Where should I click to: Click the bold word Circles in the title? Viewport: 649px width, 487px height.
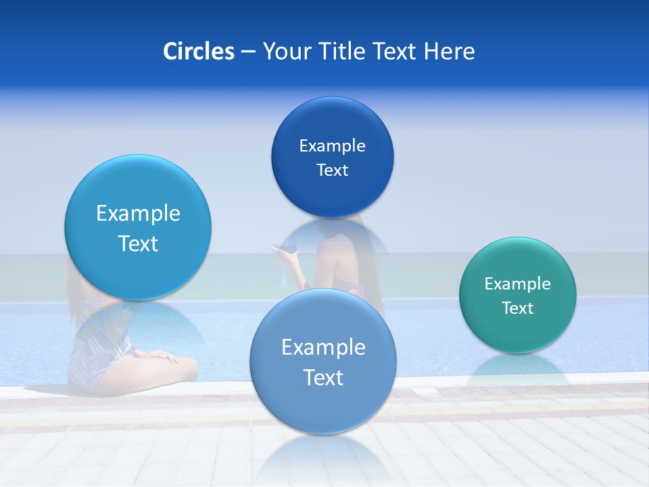(198, 51)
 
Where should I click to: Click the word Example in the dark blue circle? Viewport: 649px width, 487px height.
(332, 145)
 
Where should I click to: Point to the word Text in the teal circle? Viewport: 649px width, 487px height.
(518, 308)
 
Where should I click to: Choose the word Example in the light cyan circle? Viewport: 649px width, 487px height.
(138, 214)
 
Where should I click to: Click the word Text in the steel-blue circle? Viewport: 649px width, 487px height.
(323, 377)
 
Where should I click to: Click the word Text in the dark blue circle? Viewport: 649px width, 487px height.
(332, 170)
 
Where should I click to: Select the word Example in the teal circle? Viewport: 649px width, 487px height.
(517, 284)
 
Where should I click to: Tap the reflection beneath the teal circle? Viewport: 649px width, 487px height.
(517, 369)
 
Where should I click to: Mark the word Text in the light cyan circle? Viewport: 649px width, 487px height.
(138, 243)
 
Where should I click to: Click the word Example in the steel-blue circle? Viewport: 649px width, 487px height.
(323, 348)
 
